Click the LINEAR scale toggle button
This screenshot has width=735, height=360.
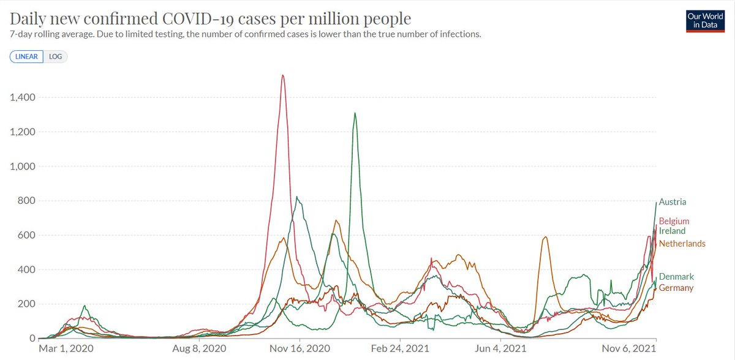(x=26, y=56)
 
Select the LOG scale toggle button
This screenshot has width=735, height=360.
(x=56, y=56)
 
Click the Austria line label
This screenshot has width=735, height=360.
(x=673, y=201)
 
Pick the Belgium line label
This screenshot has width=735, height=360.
(x=674, y=221)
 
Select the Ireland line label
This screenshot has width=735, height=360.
(x=672, y=231)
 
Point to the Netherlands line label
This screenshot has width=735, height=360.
(x=682, y=244)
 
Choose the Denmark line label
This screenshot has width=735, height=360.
(x=676, y=277)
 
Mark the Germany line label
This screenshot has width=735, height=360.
(x=676, y=288)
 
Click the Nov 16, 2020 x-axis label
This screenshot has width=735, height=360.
(x=300, y=349)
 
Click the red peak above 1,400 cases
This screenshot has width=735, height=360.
(x=282, y=76)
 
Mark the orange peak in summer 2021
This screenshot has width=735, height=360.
(x=545, y=238)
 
